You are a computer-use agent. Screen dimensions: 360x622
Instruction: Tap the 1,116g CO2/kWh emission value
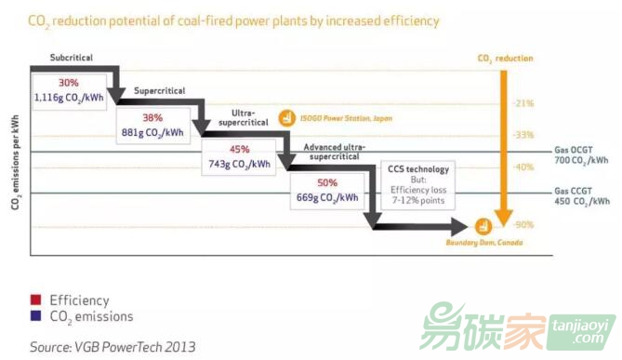[66, 97]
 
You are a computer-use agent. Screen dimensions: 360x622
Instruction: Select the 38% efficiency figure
[153, 118]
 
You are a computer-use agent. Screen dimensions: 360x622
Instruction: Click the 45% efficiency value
[239, 148]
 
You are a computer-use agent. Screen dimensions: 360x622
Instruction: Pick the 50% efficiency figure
[327, 183]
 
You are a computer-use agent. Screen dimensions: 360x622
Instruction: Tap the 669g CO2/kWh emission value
[327, 197]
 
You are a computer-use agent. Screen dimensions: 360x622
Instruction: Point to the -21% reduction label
[523, 102]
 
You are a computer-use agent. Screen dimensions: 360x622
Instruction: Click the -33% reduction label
[523, 135]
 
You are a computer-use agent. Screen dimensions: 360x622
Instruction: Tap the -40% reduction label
[523, 167]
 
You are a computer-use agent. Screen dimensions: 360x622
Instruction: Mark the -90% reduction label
[523, 224]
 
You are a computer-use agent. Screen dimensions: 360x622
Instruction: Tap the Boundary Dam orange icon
[483, 225]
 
